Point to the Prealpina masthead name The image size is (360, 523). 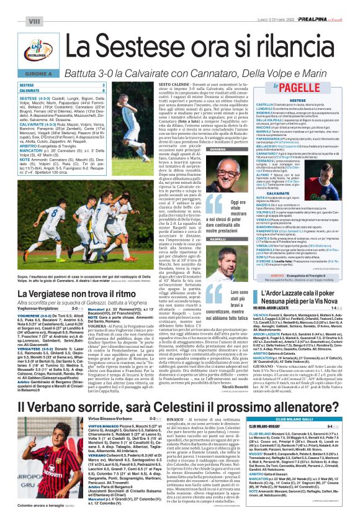point(320,6)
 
